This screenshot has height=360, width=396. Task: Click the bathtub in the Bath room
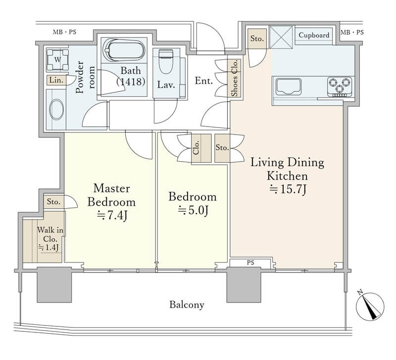(124, 50)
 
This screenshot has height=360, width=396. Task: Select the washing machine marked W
(57, 60)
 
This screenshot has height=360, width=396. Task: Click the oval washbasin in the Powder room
(56, 109)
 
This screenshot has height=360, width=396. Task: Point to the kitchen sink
(288, 86)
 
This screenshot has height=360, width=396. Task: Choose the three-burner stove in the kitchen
(340, 87)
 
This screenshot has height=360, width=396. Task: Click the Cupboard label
(314, 35)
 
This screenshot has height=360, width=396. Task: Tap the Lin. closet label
(56, 80)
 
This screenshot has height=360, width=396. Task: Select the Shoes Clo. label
(235, 78)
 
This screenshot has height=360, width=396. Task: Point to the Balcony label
(187, 305)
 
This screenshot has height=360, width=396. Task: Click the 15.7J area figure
(288, 189)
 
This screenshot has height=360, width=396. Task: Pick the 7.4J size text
(112, 215)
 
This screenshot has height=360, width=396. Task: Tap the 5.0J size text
(193, 210)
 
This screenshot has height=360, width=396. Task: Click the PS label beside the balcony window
(250, 263)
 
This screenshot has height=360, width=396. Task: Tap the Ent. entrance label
(204, 81)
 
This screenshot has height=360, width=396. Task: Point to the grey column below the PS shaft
(244, 285)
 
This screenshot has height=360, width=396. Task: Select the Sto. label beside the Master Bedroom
(53, 202)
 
